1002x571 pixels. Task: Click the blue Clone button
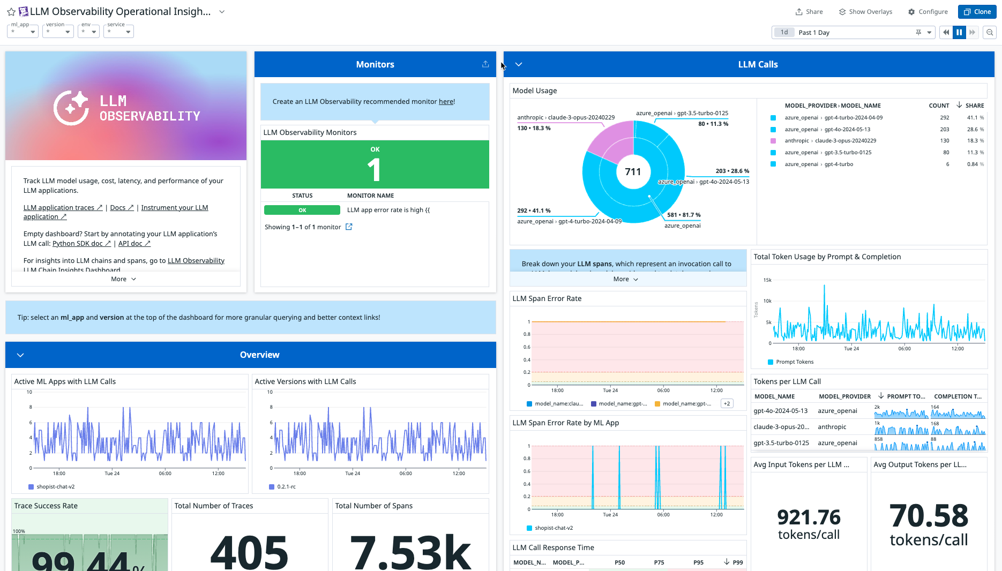[977, 12]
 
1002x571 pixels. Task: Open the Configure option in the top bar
[928, 12]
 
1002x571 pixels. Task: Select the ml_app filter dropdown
[23, 32]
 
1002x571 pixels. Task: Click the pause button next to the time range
[959, 33]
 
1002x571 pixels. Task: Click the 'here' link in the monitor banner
[446, 102]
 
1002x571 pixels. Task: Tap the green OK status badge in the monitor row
[302, 211]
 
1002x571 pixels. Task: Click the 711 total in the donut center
[633, 172]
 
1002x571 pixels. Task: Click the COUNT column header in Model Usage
[939, 106]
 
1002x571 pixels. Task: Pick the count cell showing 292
[944, 118]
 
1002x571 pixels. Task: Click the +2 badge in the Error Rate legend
[727, 404]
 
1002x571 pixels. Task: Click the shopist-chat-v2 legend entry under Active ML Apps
[55, 487]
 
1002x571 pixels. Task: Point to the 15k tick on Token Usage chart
[767, 280]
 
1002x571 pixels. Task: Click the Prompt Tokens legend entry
[794, 362]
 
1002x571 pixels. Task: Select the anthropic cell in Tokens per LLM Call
[832, 427]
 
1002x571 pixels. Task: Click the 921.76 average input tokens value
[809, 517]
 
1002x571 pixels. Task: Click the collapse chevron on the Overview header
[20, 355]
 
